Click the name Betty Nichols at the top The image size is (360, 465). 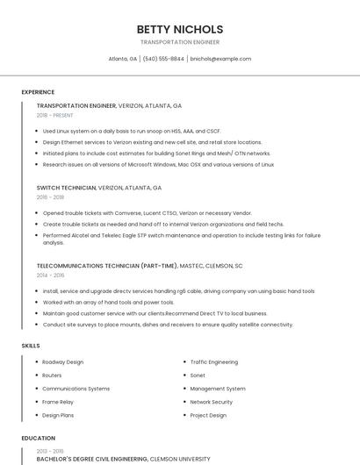(x=180, y=29)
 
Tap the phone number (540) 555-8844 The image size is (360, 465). (x=163, y=59)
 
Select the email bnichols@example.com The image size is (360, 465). (x=220, y=59)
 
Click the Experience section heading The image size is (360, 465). (x=38, y=92)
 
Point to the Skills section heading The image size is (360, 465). (x=31, y=346)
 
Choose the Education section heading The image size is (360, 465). (x=39, y=438)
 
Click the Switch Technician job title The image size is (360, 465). (x=66, y=188)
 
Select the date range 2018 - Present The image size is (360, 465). (x=55, y=115)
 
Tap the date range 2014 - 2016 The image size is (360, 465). (x=50, y=275)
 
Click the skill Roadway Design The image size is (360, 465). (x=63, y=361)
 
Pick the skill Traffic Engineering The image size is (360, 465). (x=214, y=361)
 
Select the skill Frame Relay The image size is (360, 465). (x=58, y=402)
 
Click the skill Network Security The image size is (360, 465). (x=212, y=402)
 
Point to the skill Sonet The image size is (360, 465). (x=198, y=375)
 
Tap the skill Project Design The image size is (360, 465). (x=208, y=415)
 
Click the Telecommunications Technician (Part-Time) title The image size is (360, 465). (x=107, y=265)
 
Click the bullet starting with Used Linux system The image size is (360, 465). (x=132, y=131)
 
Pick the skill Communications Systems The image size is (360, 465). (x=76, y=389)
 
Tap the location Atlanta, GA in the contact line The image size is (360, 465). (x=122, y=59)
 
